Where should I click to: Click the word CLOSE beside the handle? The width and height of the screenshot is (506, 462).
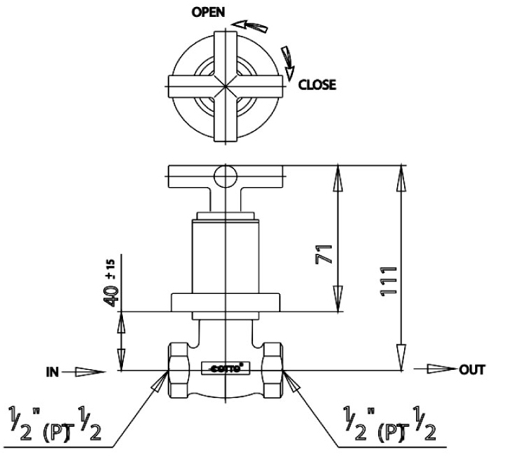[317, 85]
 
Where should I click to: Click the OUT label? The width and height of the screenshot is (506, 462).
[471, 368]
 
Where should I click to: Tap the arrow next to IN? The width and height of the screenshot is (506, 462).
[87, 371]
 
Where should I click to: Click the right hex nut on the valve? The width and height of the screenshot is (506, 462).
[270, 368]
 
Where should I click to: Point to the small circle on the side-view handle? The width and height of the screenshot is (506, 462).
[225, 174]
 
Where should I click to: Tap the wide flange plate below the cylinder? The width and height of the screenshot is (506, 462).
[225, 302]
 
